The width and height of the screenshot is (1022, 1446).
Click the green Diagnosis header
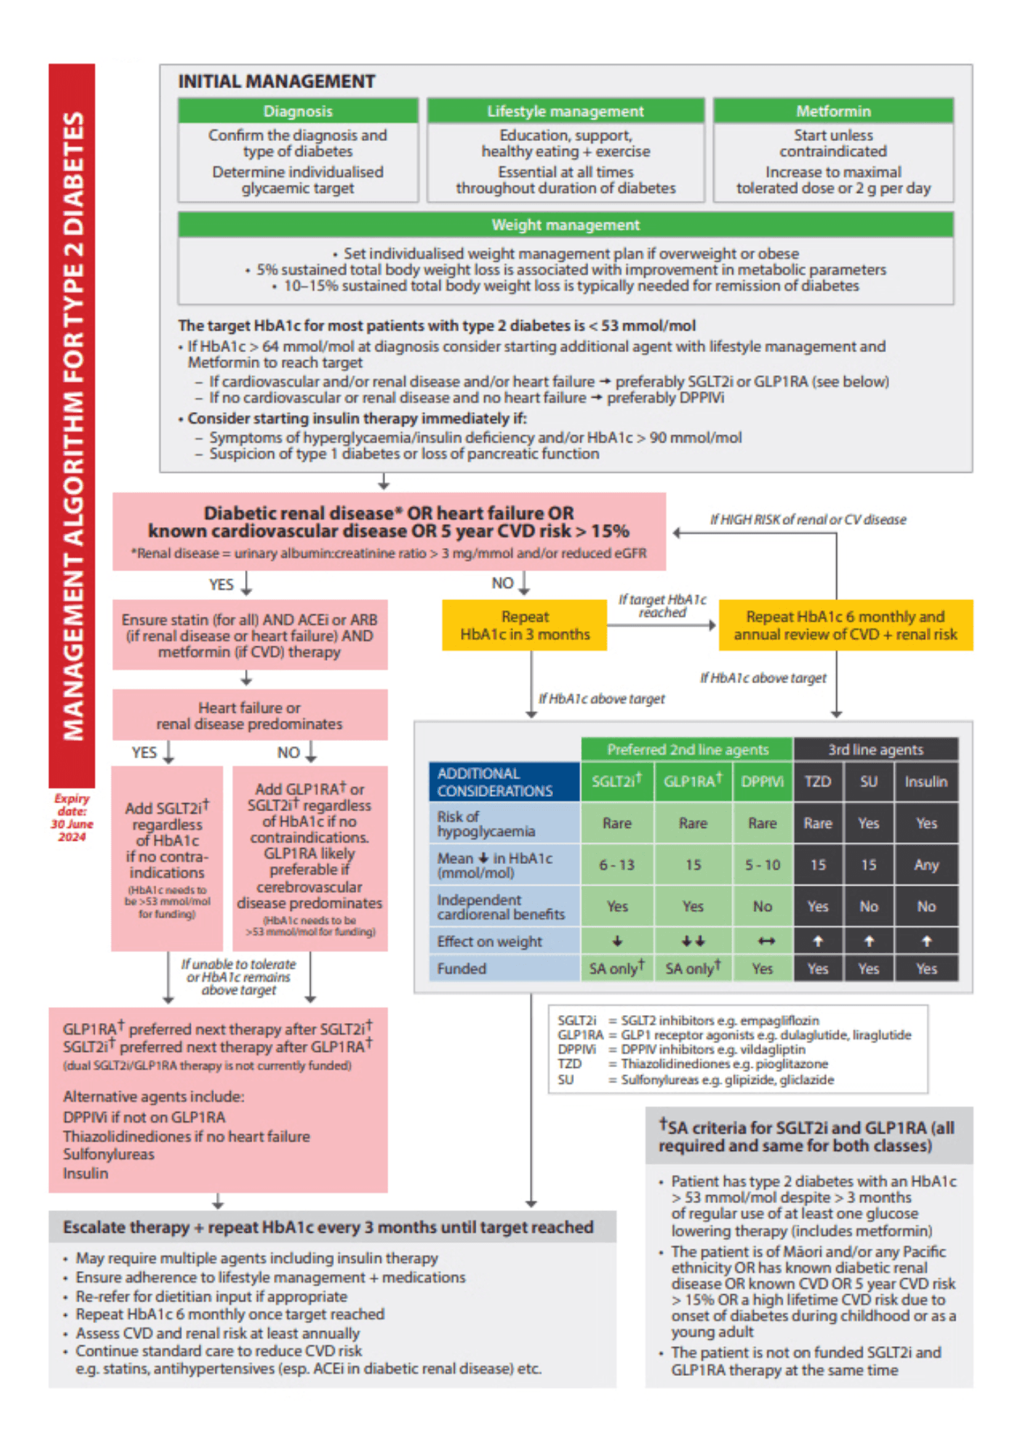[x=298, y=111]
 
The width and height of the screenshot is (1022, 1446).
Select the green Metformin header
[x=833, y=111]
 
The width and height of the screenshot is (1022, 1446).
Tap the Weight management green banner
[x=565, y=225]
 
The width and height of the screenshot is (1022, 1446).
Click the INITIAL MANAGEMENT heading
[x=277, y=82]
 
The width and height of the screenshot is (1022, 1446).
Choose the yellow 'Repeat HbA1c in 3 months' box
[x=525, y=625]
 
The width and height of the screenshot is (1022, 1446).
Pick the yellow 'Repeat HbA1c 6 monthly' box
[x=845, y=625]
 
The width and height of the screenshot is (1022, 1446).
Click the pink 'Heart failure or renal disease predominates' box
[x=249, y=715]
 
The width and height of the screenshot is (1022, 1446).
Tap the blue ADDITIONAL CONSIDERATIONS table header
[x=504, y=782]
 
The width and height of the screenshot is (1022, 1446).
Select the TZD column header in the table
[x=817, y=782]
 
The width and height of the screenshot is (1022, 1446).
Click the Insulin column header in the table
[x=926, y=782]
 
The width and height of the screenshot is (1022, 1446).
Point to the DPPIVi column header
[x=762, y=782]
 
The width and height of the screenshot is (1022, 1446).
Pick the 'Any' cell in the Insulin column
[x=926, y=865]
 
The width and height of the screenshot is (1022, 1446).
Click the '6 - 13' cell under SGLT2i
[x=617, y=865]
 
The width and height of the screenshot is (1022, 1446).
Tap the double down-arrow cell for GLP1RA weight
[x=692, y=941]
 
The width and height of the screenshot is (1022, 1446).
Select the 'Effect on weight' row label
[x=489, y=941]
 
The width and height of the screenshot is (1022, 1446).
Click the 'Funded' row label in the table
[x=462, y=969]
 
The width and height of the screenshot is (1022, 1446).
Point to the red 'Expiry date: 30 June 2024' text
[x=72, y=818]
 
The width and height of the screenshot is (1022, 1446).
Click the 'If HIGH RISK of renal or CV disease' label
[x=807, y=520]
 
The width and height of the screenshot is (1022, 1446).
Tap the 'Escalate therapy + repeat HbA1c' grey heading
[x=328, y=1227]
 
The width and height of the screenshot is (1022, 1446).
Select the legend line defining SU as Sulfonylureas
[x=695, y=1079]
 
